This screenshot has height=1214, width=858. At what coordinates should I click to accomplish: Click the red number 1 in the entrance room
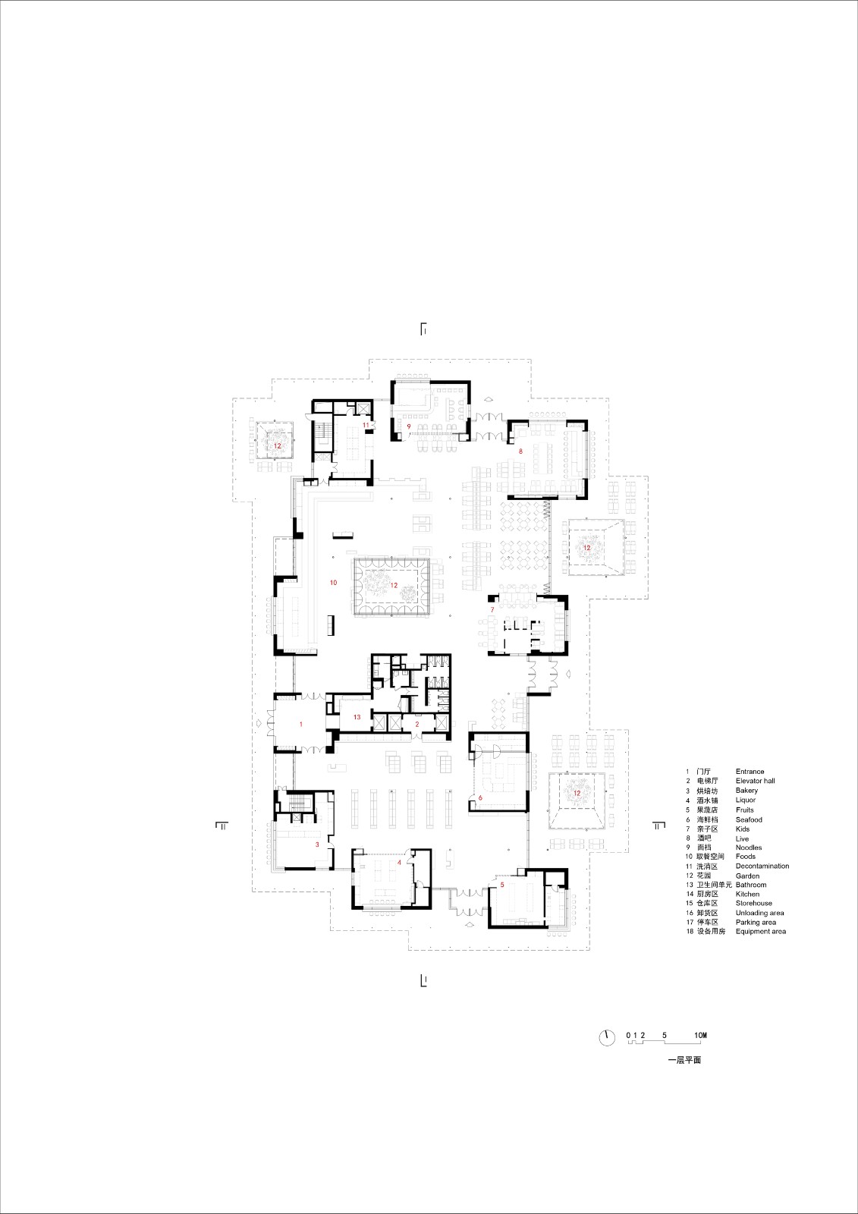click(301, 725)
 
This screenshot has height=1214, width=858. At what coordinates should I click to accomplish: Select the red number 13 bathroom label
click(357, 717)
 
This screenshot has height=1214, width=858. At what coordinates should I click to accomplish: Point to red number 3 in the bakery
click(317, 844)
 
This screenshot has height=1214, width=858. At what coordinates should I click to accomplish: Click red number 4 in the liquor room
click(399, 863)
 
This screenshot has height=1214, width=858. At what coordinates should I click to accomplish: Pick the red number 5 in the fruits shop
click(502, 885)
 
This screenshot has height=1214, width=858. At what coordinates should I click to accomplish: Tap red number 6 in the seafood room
click(480, 797)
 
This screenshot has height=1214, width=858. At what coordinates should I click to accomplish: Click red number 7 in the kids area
click(492, 610)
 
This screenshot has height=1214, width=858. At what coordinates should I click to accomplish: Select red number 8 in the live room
click(520, 451)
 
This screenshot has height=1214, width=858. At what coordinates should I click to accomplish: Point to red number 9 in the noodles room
click(409, 426)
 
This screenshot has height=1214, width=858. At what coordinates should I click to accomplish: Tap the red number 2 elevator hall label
click(416, 725)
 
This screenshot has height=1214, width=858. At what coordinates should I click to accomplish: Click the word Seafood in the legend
click(749, 819)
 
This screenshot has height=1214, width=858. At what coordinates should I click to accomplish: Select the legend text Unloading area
click(759, 913)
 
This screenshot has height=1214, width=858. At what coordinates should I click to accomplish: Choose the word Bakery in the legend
click(746, 791)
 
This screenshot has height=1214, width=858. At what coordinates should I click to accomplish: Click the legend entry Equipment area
click(760, 931)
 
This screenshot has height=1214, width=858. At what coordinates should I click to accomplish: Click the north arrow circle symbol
click(607, 1037)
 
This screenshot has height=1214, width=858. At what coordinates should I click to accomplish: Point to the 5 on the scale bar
click(665, 1035)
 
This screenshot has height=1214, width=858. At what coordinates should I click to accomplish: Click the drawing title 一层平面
click(684, 1060)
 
